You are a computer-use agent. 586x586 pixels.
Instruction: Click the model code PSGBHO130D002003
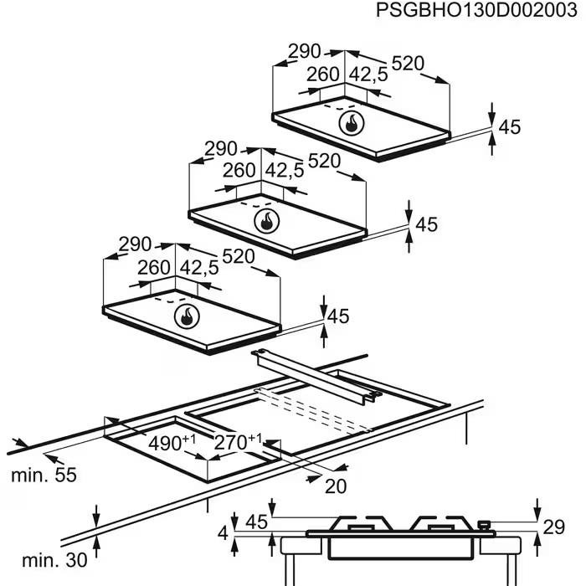point(476,10)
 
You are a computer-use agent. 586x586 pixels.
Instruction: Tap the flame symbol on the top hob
point(352,123)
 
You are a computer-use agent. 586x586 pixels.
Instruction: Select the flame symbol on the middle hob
point(266,220)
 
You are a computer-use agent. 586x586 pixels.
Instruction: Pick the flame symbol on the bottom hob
point(187,316)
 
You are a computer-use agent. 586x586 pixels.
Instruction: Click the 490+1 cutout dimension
point(172,443)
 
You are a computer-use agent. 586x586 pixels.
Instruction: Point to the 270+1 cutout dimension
point(238,442)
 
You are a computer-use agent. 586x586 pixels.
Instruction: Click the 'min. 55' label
point(44,475)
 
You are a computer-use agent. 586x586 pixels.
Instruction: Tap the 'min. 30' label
point(54,561)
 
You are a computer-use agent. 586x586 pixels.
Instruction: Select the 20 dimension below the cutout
point(336,486)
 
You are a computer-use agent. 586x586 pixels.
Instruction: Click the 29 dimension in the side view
point(553,527)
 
